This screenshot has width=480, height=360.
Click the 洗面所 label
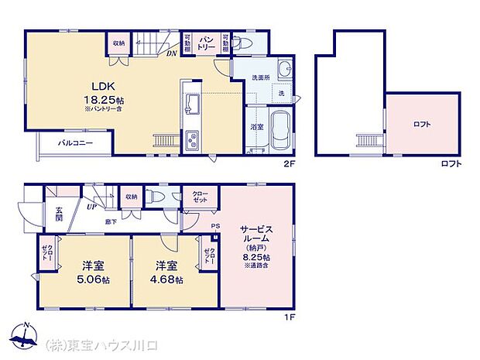tap(261, 78)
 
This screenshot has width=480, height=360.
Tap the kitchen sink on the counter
tap(191, 105)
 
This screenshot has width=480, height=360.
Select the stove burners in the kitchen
tap(190, 141)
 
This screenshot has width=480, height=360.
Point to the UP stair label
tap(92, 207)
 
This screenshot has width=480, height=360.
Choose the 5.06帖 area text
tap(94, 279)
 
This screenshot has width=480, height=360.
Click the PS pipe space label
tap(215, 225)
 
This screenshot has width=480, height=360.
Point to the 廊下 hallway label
tap(111, 221)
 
